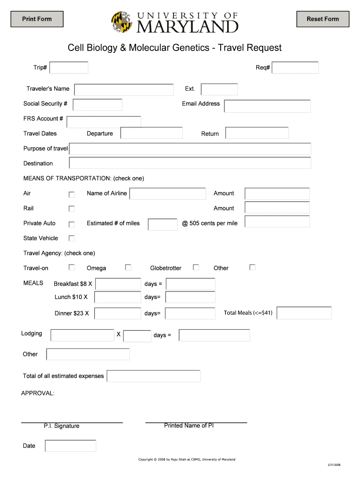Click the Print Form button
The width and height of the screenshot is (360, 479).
pos(37,19)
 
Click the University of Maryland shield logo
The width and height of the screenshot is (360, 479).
pos(122,22)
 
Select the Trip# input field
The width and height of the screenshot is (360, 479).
pos(69,68)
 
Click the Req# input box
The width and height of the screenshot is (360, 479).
pos(295,68)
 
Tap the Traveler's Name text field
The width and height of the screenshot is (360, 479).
pos(124,89)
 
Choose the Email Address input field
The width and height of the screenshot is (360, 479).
pos(267,106)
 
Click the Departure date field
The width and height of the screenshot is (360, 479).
pos(151,133)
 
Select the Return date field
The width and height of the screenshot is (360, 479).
pos(257,133)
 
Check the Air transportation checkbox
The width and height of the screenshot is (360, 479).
pos(72,194)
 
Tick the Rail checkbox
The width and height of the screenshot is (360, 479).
pos(72,209)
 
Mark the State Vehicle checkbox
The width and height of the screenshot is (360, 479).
pos(72,238)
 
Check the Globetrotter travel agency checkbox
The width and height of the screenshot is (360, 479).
pos(196,267)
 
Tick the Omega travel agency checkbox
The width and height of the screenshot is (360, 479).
pos(128,267)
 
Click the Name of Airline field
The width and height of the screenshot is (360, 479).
pos(167,194)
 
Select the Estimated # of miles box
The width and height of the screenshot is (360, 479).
pos(162,225)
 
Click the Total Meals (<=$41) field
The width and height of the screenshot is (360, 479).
pos(304,313)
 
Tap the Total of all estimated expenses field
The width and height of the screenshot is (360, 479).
pos(153,376)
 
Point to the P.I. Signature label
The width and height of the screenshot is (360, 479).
pos(62,426)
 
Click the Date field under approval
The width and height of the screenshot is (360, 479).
pos(70,446)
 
